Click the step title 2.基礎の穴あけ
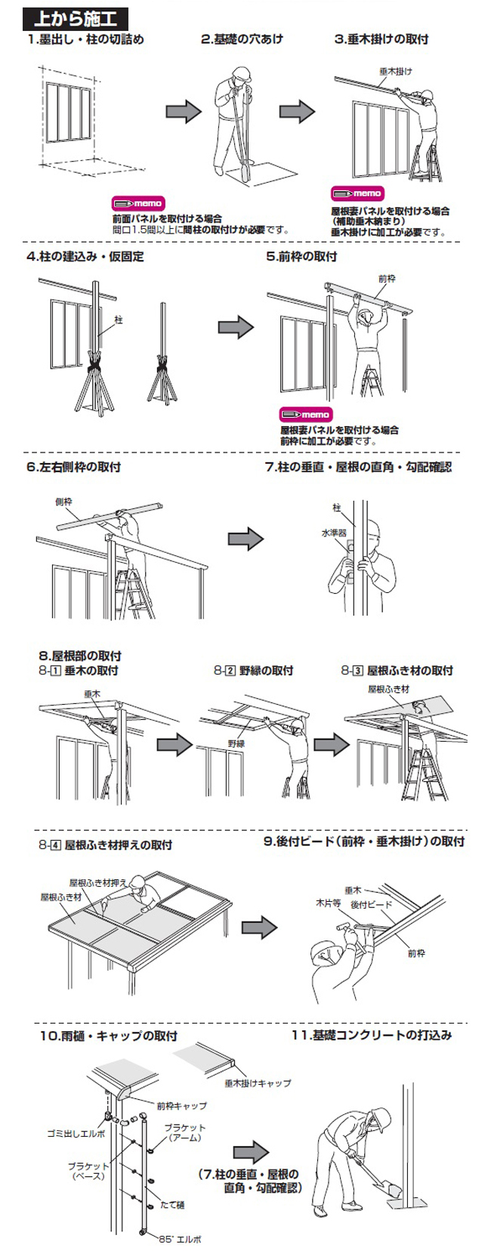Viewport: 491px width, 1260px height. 241,39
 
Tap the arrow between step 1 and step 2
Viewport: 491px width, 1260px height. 184,112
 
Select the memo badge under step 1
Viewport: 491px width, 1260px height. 138,204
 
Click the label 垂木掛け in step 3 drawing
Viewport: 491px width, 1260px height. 396,72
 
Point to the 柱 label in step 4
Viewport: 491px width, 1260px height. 119,320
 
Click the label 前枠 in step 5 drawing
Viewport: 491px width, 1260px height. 386,279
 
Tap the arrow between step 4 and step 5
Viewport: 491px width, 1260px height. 236,327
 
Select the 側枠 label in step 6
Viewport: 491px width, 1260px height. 63,502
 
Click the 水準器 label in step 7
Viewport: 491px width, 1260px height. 333,533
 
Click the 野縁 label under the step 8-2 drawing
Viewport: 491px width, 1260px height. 236,743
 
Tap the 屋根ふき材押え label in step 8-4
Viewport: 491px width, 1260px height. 98,882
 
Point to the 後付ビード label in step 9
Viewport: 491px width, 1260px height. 371,904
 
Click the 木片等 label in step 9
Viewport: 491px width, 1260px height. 328,903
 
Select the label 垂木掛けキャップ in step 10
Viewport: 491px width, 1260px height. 257,1082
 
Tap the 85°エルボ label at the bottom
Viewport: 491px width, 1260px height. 180,1240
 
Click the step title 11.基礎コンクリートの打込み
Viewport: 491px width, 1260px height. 372,1035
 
